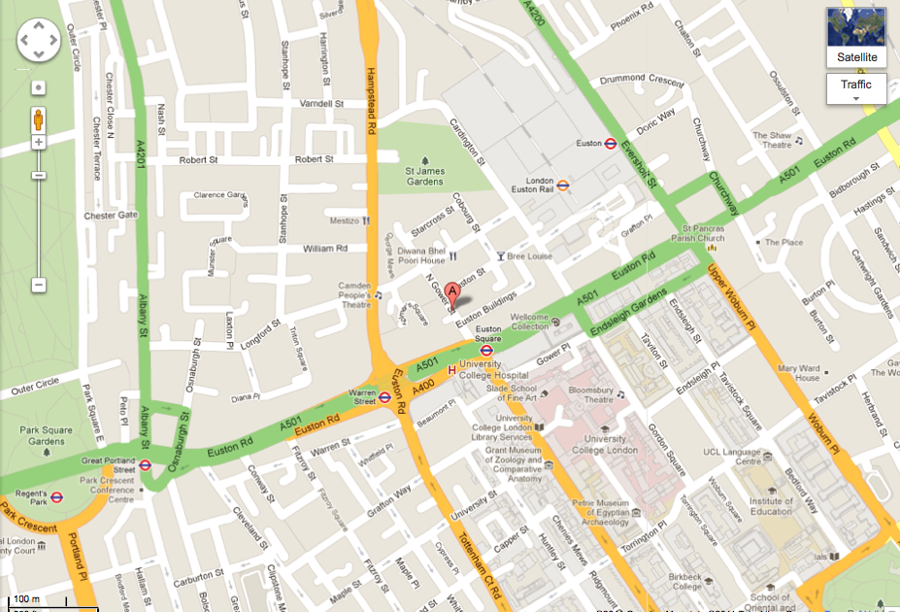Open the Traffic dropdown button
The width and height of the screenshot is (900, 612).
(x=855, y=88)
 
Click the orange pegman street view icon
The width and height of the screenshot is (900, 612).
(x=39, y=119)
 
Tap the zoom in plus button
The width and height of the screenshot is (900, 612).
(x=39, y=142)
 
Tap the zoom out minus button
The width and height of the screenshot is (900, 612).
(x=39, y=285)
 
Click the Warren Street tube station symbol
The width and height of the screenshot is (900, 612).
(x=385, y=397)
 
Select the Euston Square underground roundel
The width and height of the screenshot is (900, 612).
(x=487, y=350)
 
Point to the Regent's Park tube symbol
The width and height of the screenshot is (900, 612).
(x=56, y=496)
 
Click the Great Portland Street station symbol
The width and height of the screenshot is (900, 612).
(x=145, y=464)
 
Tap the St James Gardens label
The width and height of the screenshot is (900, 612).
(x=424, y=176)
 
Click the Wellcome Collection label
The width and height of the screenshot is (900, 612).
(x=529, y=322)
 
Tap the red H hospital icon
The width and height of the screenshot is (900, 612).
(x=450, y=369)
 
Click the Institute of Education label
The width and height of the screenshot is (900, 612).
(x=771, y=505)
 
